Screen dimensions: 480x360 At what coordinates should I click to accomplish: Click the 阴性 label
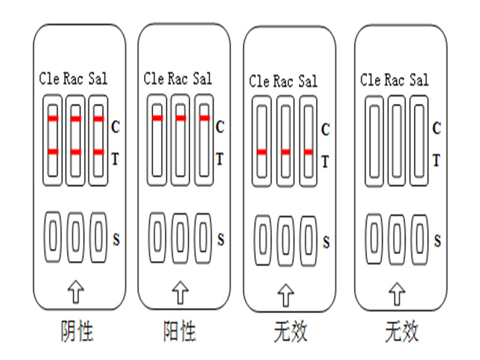coord(77,331)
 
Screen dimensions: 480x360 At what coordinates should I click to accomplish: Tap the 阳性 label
coord(179,331)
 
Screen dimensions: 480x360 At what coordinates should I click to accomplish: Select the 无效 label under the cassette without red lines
coord(401,332)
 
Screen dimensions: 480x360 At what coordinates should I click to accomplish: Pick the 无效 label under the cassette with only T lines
coord(290,332)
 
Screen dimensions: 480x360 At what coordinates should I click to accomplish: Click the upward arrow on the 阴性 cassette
coord(76,292)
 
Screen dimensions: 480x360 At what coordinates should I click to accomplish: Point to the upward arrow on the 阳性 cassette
coord(181,292)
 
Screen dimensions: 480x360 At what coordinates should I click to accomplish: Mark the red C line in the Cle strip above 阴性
coord(53,118)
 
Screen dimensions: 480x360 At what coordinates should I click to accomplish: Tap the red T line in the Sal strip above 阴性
coord(98,152)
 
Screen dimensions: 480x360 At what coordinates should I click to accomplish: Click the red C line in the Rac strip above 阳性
coord(181,118)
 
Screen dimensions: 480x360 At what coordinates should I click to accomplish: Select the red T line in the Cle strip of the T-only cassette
coord(262,152)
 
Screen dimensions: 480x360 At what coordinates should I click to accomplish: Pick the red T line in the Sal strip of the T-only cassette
coord(308,152)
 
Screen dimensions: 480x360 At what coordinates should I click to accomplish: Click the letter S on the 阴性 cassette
coord(116,239)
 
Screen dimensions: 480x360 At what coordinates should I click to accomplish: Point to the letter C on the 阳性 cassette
coord(220,127)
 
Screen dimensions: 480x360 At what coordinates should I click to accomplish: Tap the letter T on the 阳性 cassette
coord(220,159)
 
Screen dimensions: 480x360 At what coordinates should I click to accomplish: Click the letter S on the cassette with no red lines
coord(437,241)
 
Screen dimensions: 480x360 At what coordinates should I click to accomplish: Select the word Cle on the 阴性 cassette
coord(49,79)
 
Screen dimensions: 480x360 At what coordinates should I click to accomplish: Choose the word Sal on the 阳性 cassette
coord(202,79)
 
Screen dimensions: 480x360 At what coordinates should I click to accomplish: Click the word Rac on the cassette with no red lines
coord(394,80)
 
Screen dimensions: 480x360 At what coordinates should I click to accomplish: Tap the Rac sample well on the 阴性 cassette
coord(76,237)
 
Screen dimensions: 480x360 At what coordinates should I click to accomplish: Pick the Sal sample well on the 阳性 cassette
coord(203,238)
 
